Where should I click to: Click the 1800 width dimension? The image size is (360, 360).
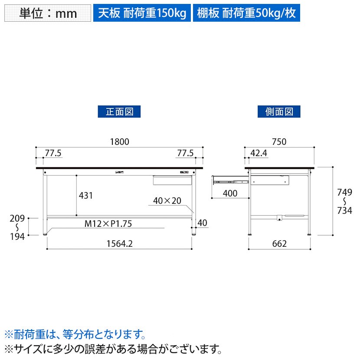point(120,142)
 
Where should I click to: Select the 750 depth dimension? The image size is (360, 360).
point(279,142)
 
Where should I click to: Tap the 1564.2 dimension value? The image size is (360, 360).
point(120,244)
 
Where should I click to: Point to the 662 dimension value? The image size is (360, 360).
point(279,244)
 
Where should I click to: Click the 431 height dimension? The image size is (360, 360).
point(86,195)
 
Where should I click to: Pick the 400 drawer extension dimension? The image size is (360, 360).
point(230,193)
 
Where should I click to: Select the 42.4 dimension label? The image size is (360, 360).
point(259,153)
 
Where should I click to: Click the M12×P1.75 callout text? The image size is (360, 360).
point(108,224)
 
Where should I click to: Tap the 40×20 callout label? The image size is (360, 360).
point(167,201)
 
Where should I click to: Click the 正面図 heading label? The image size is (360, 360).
point(119,111)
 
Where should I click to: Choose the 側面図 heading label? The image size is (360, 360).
point(279,111)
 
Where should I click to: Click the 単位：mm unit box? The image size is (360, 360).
point(48,13)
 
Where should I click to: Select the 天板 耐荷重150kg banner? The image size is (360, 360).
point(142,13)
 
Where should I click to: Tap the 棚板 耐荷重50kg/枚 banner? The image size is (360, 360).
point(246,13)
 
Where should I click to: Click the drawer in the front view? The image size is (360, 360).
point(173,180)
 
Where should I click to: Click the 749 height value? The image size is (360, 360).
point(344,192)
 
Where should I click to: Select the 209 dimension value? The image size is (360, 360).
point(17,218)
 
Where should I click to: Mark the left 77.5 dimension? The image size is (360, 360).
point(53,153)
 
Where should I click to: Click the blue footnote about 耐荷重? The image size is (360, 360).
point(75,334)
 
